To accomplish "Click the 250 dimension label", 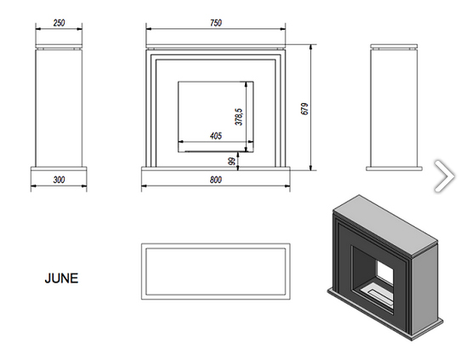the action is click(59, 23).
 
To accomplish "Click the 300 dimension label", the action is click(59, 180).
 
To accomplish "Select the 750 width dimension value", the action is click(216, 23).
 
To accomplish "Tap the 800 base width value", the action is click(216, 180).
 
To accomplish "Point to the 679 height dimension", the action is click(305, 109).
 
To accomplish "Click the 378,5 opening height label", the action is click(239, 117).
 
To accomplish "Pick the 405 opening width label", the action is click(216, 136).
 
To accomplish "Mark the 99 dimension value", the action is click(231, 161).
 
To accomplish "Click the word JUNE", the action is click(61, 278).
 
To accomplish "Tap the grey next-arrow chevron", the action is click(444, 176).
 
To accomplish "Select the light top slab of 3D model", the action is click(385, 225).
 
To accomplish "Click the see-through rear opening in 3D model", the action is click(385, 272).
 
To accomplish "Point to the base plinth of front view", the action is click(216, 169).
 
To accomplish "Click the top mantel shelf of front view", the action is click(216, 47).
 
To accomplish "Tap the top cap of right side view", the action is click(394, 47).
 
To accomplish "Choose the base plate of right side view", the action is click(394, 169).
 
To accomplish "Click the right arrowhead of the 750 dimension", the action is click(282, 29).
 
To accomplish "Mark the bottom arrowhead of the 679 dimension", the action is click(311, 168).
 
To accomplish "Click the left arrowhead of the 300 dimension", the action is click(33, 186).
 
